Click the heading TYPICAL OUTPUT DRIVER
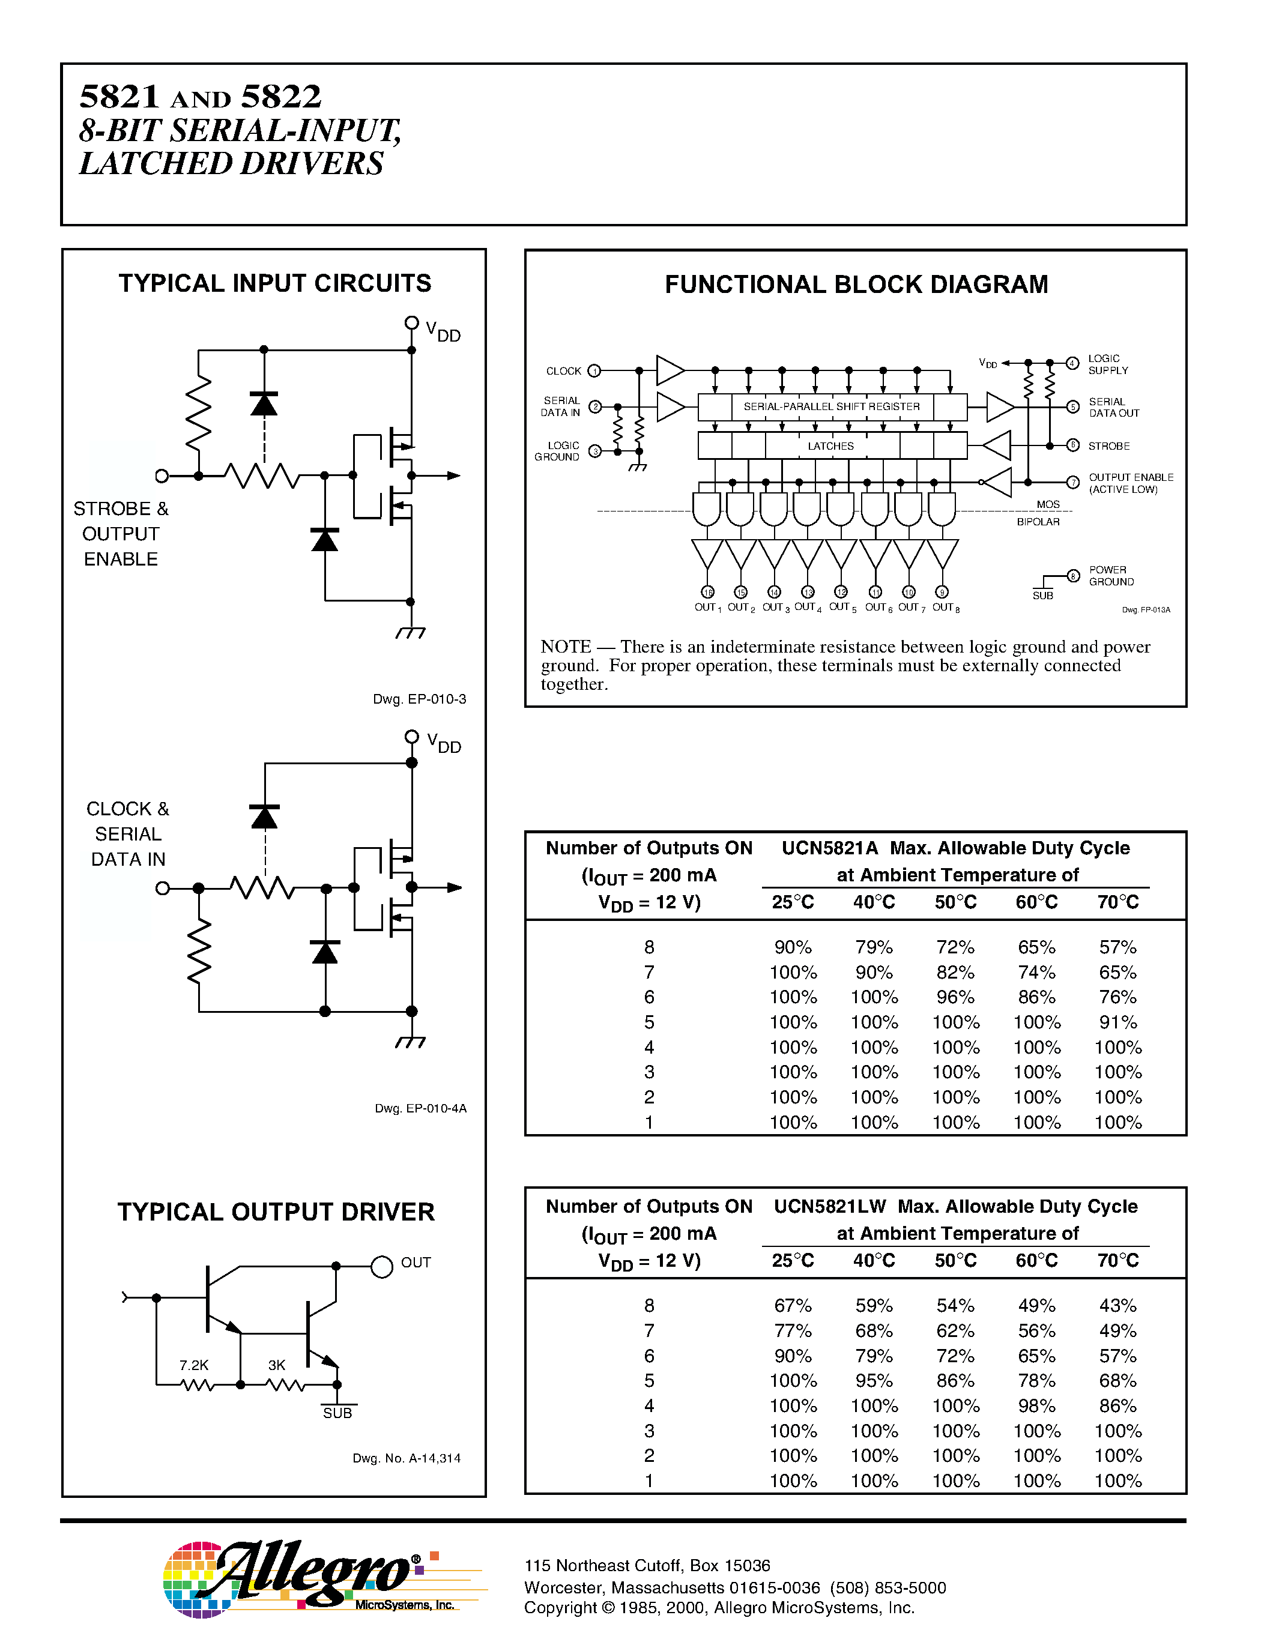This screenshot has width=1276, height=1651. (276, 1212)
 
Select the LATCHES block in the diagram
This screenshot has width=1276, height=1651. (831, 446)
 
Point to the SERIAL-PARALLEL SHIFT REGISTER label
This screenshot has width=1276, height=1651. (832, 406)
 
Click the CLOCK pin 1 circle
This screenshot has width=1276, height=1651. (594, 370)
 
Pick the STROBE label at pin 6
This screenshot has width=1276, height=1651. (1108, 446)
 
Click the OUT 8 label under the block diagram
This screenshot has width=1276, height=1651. (945, 608)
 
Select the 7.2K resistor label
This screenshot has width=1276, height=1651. (193, 1365)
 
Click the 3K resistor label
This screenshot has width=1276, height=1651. (277, 1365)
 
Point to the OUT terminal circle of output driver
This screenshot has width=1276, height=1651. (382, 1266)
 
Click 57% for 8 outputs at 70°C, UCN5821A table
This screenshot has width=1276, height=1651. (1117, 947)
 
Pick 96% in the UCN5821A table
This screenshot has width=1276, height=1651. (955, 997)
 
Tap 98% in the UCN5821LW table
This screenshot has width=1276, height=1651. (1036, 1406)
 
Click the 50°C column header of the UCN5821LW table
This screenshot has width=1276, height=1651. (955, 1261)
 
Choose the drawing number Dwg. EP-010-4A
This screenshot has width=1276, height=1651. (420, 1108)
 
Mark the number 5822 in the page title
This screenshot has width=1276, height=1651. (281, 97)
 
